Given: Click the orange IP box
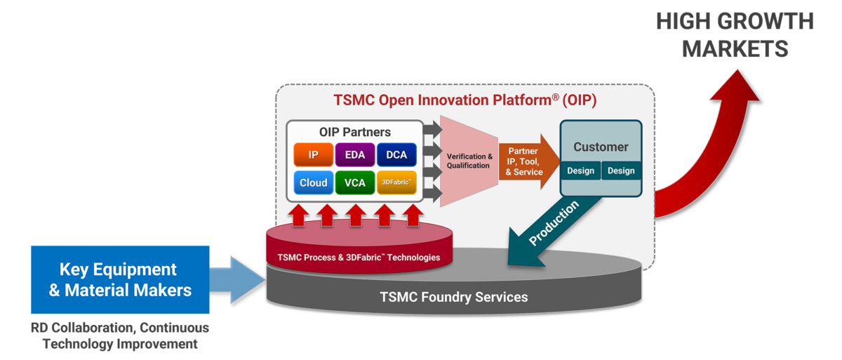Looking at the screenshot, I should [x=313, y=154].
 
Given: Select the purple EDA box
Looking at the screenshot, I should [x=355, y=154].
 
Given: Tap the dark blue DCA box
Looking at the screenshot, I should [x=396, y=154].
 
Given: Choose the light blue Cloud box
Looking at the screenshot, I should [x=313, y=182].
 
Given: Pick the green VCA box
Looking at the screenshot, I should [x=355, y=182].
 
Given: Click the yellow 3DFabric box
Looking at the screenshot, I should [x=396, y=182].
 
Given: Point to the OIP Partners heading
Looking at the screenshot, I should [x=355, y=132].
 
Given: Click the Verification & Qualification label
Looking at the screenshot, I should [x=469, y=161].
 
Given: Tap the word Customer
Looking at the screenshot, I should [x=601, y=147].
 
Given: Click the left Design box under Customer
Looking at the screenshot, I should [x=580, y=171].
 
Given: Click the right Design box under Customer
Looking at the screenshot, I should [x=621, y=171].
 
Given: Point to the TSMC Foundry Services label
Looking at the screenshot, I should [x=453, y=297].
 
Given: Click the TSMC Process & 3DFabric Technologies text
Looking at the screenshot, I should [x=359, y=258].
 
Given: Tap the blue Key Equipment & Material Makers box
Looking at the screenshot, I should [x=120, y=279].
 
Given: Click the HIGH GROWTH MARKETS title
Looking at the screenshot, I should [x=735, y=35].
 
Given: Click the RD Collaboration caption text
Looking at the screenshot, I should [x=120, y=336].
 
